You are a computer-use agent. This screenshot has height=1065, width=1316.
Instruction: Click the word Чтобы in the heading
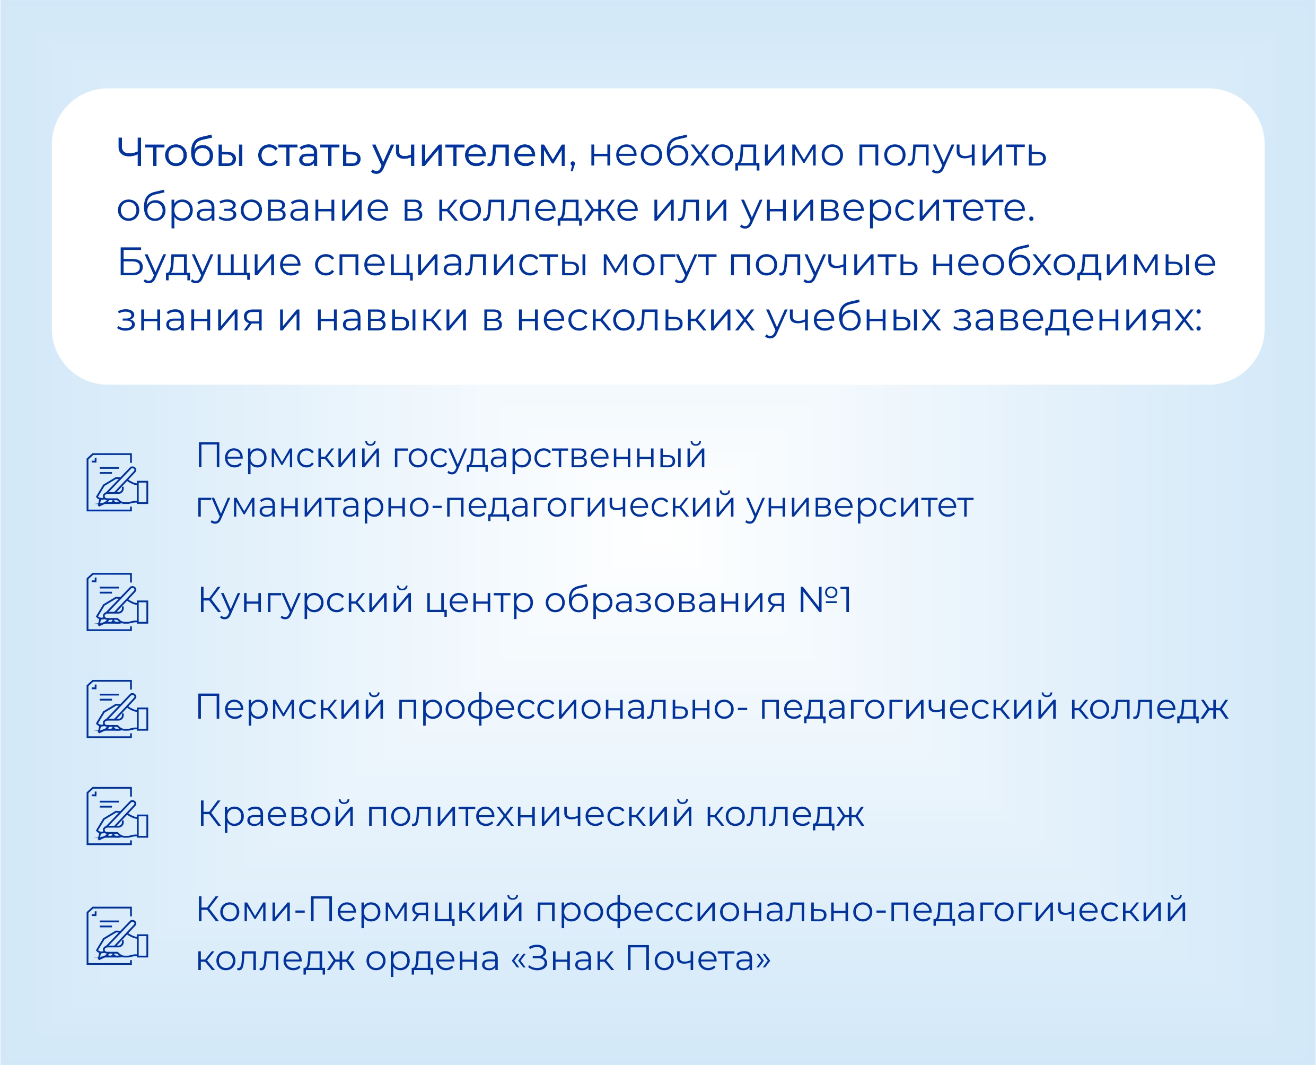tap(181, 152)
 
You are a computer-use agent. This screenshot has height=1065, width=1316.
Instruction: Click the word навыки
tap(392, 319)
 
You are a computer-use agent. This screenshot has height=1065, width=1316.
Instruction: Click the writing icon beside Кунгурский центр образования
tap(117, 602)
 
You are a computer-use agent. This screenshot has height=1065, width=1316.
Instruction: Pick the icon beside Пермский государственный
tap(117, 482)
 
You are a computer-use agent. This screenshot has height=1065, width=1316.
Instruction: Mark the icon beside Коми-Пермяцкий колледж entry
tap(117, 936)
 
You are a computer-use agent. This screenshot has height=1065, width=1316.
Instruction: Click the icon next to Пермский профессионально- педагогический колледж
tap(117, 709)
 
